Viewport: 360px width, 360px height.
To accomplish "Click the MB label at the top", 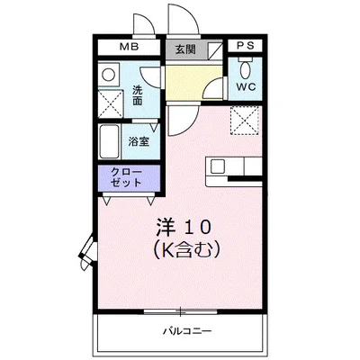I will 129,48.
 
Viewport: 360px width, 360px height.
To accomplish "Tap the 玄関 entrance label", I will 184,49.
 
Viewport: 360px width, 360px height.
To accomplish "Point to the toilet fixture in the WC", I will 245,68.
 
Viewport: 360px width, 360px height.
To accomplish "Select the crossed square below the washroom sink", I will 112,103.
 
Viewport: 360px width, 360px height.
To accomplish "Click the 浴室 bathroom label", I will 138,141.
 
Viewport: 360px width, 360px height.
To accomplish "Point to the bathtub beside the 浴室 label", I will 110,140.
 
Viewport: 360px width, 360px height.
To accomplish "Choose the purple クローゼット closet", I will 126,176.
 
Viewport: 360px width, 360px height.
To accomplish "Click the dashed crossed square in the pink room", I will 243,118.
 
